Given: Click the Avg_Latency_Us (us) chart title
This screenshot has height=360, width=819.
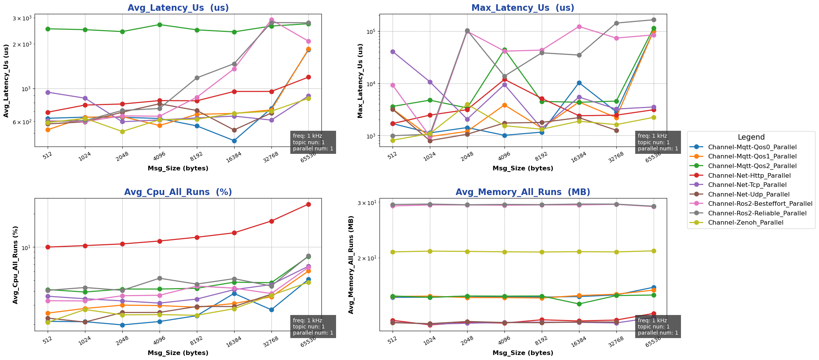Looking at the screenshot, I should pyautogui.click(x=178, y=8).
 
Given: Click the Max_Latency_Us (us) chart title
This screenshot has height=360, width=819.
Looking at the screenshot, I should pyautogui.click(x=523, y=8).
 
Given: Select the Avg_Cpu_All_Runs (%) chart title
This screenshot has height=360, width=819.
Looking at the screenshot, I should pyautogui.click(x=178, y=192).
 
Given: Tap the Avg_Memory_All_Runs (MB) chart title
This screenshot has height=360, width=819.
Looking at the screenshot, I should pyautogui.click(x=523, y=192).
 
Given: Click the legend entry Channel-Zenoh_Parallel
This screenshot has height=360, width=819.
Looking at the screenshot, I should pyautogui.click(x=745, y=222).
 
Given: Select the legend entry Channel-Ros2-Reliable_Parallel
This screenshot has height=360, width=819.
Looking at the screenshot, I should pyautogui.click(x=757, y=213).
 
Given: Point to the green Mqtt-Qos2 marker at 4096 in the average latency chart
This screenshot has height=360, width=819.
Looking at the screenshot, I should pyautogui.click(x=160, y=25).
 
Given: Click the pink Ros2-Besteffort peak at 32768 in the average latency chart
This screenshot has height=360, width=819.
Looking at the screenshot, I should pyautogui.click(x=271, y=20).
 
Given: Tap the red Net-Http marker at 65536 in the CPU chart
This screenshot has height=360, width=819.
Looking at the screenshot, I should pyautogui.click(x=308, y=204).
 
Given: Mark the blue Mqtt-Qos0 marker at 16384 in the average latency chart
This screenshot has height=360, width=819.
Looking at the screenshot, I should pyautogui.click(x=234, y=141).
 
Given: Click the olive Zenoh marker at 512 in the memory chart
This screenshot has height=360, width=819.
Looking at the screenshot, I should pyautogui.click(x=393, y=252).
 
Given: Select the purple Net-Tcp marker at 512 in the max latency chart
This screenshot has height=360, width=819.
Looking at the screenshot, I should pyautogui.click(x=393, y=52).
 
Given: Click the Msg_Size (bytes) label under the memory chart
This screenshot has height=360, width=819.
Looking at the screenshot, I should pyautogui.click(x=523, y=353).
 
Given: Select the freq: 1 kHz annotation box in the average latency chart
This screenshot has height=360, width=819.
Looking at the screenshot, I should pyautogui.click(x=313, y=142).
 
